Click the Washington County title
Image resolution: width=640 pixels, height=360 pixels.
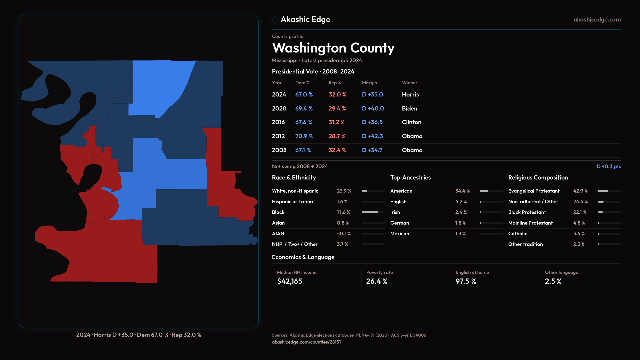click(333, 48)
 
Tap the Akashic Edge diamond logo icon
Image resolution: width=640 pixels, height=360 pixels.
click(275, 20)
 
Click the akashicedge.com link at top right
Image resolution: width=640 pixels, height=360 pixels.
click(597, 20)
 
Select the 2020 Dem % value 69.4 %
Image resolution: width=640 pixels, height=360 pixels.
click(304, 109)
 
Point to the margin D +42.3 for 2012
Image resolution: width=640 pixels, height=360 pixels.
click(372, 136)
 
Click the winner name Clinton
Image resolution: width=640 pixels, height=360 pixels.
click(411, 122)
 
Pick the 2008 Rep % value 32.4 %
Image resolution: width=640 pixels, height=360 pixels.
click(337, 150)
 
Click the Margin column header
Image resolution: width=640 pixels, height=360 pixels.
click(369, 83)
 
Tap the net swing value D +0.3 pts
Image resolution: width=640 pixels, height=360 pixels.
click(609, 166)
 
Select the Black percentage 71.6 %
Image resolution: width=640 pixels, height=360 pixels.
click(343, 212)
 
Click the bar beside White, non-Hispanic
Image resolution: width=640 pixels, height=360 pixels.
click(373, 191)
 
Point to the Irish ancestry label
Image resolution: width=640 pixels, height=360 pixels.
click(395, 212)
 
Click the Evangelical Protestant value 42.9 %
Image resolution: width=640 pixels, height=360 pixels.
click(580, 191)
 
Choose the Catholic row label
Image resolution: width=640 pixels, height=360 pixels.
click(517, 234)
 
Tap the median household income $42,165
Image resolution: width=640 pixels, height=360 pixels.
click(289, 281)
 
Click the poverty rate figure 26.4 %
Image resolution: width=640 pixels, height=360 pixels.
click(377, 281)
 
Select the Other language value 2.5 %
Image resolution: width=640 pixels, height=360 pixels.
click(553, 281)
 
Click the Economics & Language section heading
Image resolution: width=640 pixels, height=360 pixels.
click(303, 257)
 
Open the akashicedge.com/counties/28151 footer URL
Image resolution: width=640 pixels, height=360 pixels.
click(306, 342)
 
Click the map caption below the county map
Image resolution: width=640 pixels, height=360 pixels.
click(139, 335)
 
